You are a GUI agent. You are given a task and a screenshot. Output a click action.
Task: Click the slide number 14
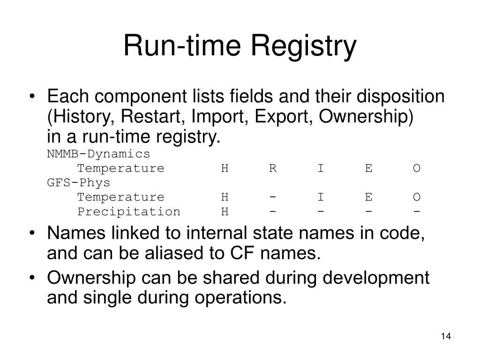pyautogui.click(x=445, y=337)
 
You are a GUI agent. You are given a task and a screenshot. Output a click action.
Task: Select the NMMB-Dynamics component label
pyautogui.click(x=98, y=154)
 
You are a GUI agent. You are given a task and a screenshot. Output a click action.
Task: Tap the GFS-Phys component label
pyautogui.click(x=79, y=183)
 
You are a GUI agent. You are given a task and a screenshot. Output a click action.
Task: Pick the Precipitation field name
pyautogui.click(x=129, y=212)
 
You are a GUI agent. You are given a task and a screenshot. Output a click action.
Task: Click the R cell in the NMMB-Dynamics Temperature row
pyautogui.click(x=273, y=168)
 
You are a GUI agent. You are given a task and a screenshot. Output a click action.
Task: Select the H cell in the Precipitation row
pyautogui.click(x=225, y=212)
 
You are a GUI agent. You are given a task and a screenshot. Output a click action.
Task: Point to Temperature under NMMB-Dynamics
pyautogui.click(x=120, y=168)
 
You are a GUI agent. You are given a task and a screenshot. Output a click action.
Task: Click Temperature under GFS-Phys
pyautogui.click(x=120, y=197)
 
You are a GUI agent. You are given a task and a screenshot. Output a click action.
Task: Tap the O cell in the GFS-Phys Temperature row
pyautogui.click(x=417, y=197)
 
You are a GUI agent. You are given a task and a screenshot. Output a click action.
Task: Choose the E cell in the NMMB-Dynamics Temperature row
pyautogui.click(x=369, y=168)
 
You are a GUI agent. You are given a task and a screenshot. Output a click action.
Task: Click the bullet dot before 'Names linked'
pyautogui.click(x=32, y=233)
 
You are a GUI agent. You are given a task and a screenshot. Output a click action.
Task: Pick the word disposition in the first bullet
pyautogui.click(x=401, y=97)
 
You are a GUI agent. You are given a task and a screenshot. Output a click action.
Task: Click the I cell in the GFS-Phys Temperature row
pyautogui.click(x=321, y=197)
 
